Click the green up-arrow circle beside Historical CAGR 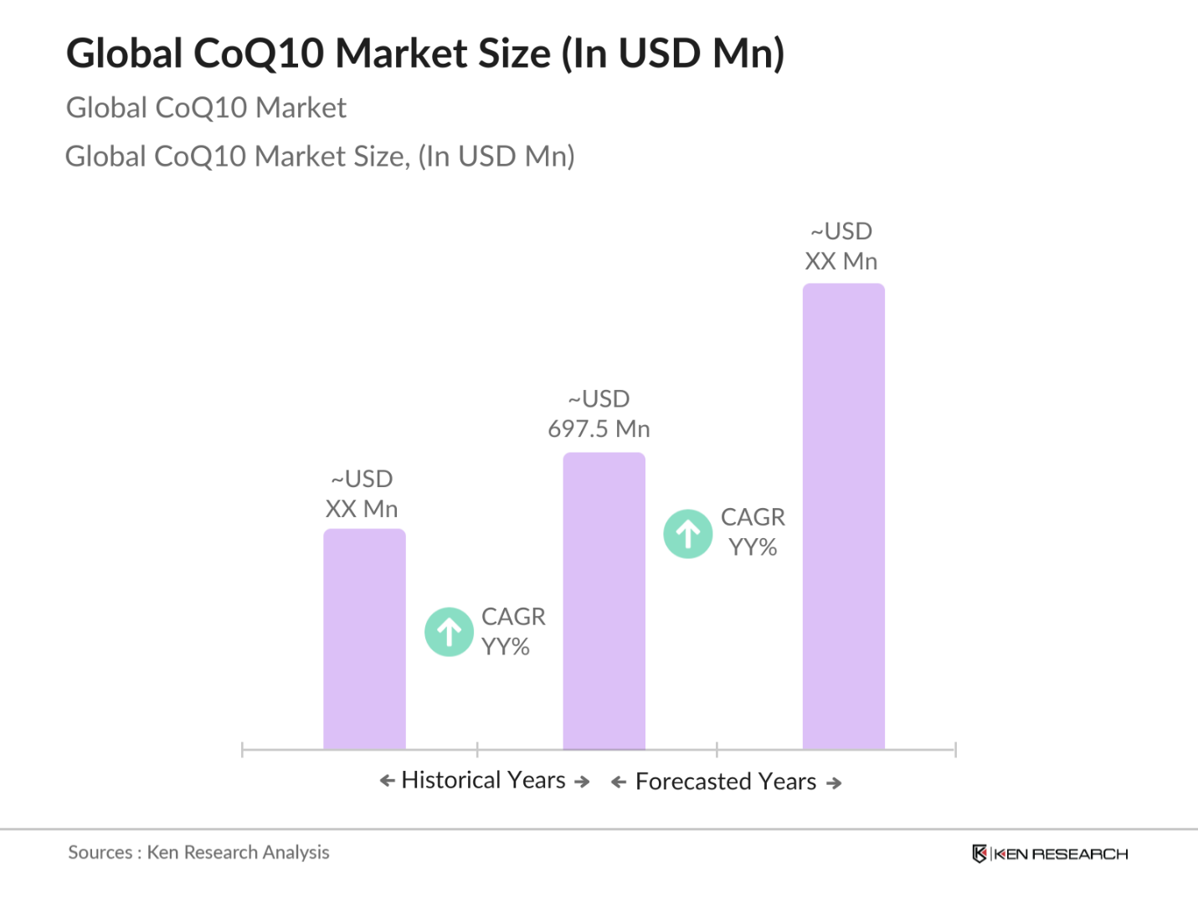point(450,632)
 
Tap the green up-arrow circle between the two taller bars point(688,534)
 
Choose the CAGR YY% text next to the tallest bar point(753,532)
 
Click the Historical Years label point(484,780)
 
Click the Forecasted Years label point(726,782)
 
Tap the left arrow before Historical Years point(387,781)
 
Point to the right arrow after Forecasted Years point(834,783)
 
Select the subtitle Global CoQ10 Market point(206,108)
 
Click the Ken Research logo point(1050,854)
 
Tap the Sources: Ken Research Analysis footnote point(198,852)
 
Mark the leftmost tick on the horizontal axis point(242,749)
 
